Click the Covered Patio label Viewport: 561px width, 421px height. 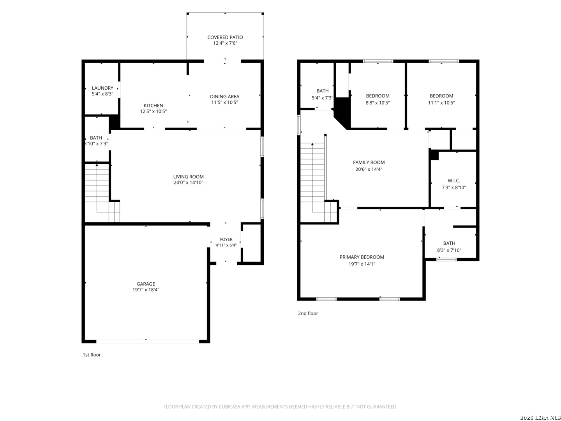coord(225,37)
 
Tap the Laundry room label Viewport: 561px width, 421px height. coord(102,88)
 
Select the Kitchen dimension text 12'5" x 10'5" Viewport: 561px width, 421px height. coord(153,111)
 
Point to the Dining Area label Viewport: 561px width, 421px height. coord(225,96)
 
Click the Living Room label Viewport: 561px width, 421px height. coord(188,177)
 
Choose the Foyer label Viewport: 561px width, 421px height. coord(226,239)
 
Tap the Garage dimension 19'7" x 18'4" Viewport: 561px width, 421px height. coord(146,290)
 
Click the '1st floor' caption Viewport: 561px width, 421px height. coord(92,355)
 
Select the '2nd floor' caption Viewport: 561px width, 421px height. coord(308,313)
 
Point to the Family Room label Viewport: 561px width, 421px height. coord(369,162)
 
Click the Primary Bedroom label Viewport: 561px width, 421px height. coord(362,257)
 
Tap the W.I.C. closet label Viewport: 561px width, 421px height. coord(453,181)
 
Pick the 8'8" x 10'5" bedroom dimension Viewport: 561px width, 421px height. coord(378,103)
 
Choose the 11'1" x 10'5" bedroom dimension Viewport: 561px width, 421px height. coord(441,103)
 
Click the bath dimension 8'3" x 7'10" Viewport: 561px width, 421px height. coord(449,250)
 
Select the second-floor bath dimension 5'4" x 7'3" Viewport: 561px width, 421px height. coord(322,97)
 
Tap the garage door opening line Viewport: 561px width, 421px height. coord(148,341)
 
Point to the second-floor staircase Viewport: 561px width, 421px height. coord(318,183)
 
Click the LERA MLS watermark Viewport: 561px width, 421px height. coord(540,417)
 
